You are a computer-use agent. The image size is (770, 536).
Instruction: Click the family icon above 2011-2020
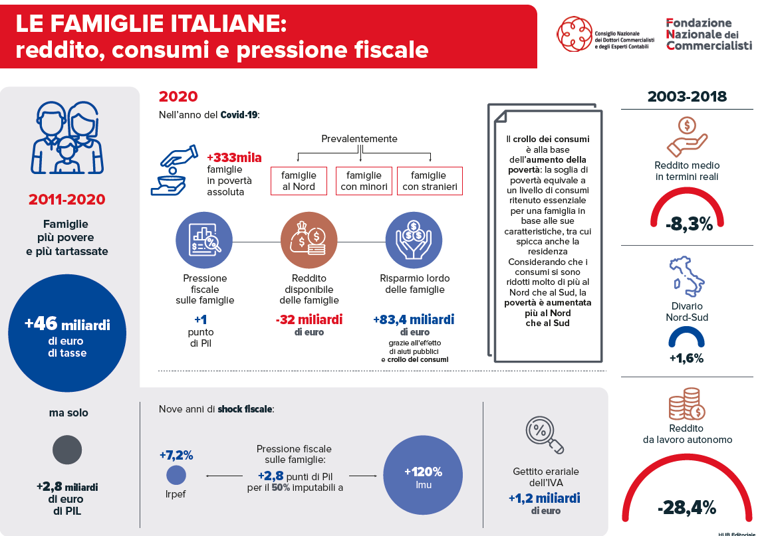[x=67, y=137]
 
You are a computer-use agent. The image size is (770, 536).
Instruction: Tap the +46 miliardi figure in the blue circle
[x=67, y=324]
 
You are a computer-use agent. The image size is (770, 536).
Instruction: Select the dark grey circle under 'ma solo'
[x=67, y=450]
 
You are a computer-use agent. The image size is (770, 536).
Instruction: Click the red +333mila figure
[x=234, y=157]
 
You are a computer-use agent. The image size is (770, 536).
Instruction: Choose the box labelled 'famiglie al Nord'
[x=299, y=181]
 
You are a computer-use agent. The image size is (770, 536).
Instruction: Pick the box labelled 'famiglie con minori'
[x=364, y=181]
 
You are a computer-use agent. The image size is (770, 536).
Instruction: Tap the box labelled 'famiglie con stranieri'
[x=430, y=181]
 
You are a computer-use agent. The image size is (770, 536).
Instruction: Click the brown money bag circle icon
[x=309, y=240]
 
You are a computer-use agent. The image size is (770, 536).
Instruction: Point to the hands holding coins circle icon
[x=414, y=240]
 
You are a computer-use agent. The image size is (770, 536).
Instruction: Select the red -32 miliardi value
[x=309, y=319]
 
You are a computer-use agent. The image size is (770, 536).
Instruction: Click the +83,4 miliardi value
[x=414, y=319]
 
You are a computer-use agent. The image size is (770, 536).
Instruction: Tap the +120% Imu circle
[x=423, y=475]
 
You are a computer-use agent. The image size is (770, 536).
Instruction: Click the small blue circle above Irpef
[x=176, y=475]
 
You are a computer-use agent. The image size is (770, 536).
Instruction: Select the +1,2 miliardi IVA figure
[x=545, y=499]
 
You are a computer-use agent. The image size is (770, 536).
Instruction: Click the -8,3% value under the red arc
[x=689, y=224]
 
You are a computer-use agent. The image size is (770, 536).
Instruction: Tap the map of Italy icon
[x=686, y=276]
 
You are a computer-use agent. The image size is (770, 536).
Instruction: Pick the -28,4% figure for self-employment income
[x=687, y=507]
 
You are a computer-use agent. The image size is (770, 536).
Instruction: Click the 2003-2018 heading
[x=687, y=96]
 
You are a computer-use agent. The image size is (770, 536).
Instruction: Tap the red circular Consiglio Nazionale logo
[x=574, y=34]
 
